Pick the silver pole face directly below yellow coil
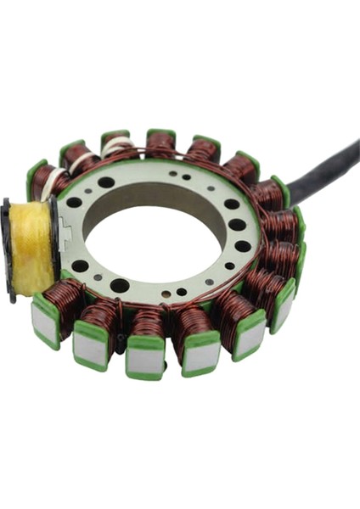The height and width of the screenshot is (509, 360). (44, 322)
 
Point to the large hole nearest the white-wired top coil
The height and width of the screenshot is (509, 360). (105, 182)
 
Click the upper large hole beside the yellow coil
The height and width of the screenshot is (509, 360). (75, 203)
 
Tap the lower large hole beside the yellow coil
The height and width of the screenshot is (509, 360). (80, 266)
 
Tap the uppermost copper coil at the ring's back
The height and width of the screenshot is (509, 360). (161, 144)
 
